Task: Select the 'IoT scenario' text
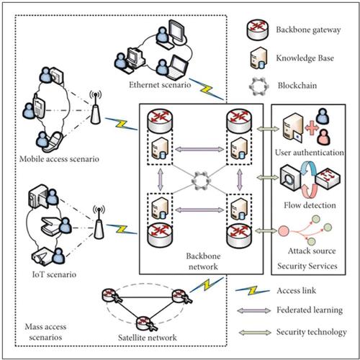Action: [x=48, y=275]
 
